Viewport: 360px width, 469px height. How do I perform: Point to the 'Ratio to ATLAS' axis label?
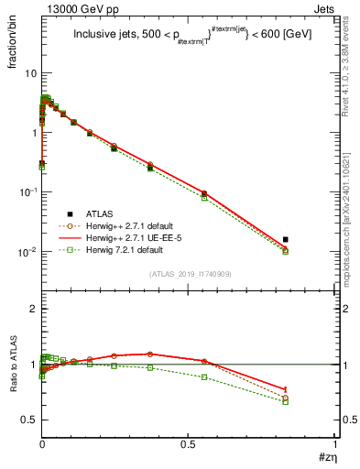(x=14, y=365)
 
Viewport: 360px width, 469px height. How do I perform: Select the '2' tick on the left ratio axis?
(x=32, y=309)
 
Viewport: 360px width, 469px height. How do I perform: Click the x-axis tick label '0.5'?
(x=189, y=445)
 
